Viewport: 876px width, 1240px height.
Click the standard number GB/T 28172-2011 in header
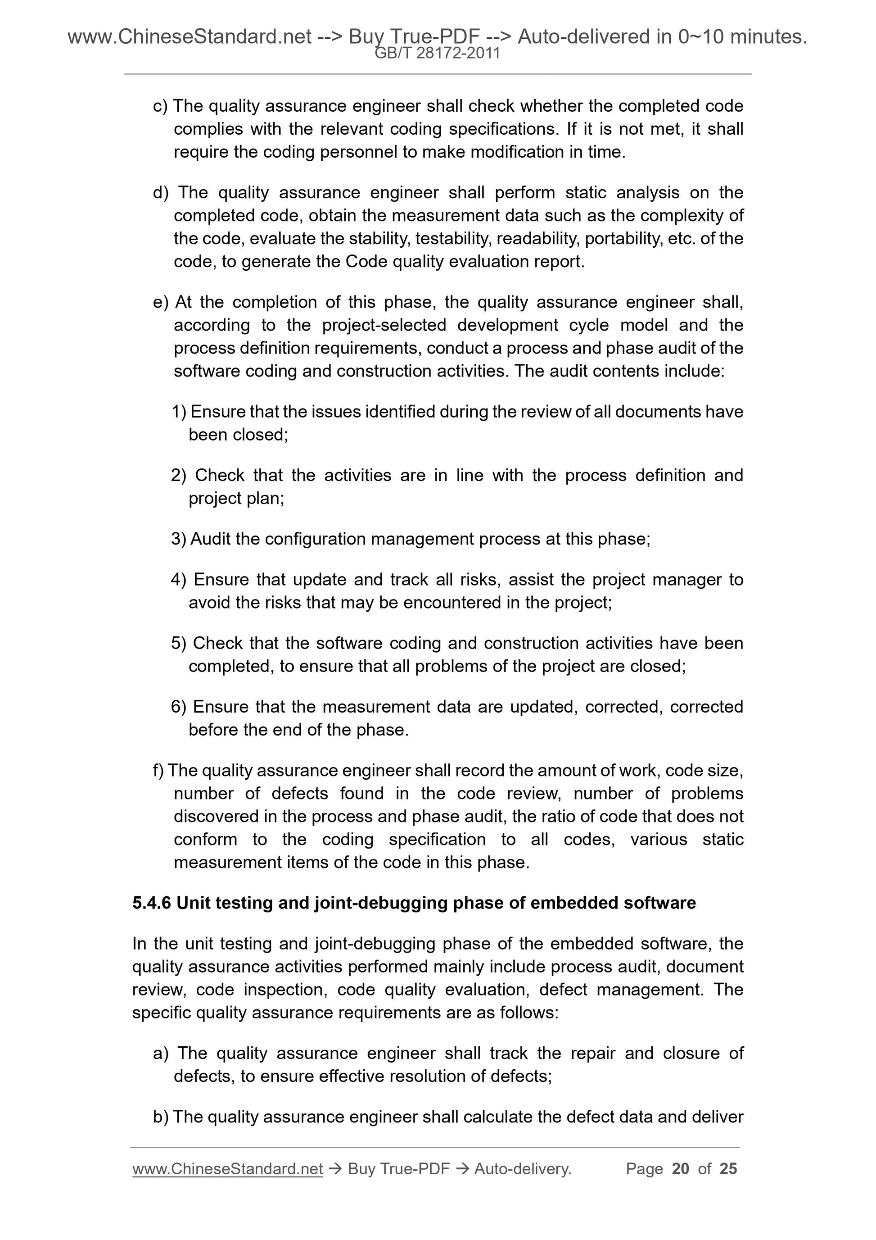437,54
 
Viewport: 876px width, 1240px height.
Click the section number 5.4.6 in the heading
151,903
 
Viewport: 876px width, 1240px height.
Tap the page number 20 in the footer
680,1169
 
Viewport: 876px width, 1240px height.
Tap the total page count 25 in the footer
728,1169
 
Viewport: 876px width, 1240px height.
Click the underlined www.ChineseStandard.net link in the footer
227,1169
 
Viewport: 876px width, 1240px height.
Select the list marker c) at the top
160,106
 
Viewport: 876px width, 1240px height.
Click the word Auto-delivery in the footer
523,1169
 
